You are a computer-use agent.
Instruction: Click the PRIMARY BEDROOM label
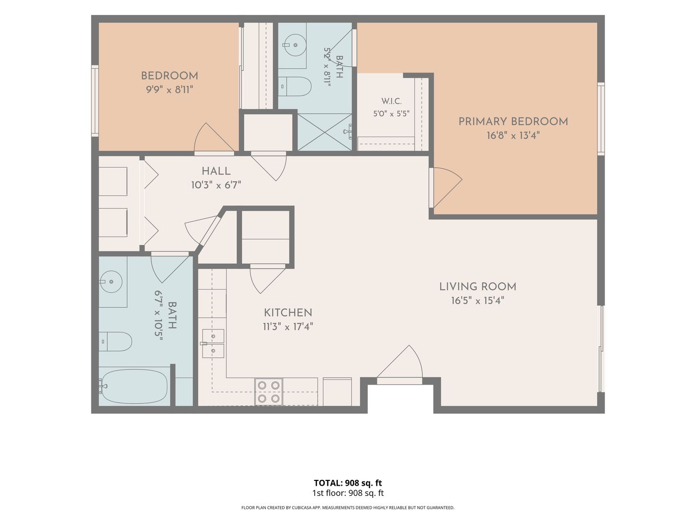pyautogui.click(x=513, y=121)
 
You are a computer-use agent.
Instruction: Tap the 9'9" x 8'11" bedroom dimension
pyautogui.click(x=169, y=90)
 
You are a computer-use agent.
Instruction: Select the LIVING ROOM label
pyautogui.click(x=478, y=287)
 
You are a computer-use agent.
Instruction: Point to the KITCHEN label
pyautogui.click(x=288, y=313)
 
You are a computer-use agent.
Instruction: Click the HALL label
pyautogui.click(x=216, y=171)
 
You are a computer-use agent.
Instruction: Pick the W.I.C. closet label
pyautogui.click(x=391, y=101)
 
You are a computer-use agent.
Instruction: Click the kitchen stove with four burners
pyautogui.click(x=269, y=391)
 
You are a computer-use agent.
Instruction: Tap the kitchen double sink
pyautogui.click(x=213, y=344)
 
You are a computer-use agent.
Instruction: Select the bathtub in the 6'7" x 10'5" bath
pyautogui.click(x=134, y=387)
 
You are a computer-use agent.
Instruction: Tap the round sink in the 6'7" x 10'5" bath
pyautogui.click(x=111, y=281)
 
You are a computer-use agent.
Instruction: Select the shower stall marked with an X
pyautogui.click(x=325, y=132)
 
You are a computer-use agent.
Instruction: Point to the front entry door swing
pyautogui.click(x=400, y=364)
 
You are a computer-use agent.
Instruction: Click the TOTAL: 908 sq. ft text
pyautogui.click(x=348, y=483)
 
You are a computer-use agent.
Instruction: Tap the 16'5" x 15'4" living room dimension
pyautogui.click(x=478, y=301)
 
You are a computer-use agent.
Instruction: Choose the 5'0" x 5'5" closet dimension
pyautogui.click(x=391, y=114)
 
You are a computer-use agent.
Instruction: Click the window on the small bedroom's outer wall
pyautogui.click(x=95, y=101)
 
